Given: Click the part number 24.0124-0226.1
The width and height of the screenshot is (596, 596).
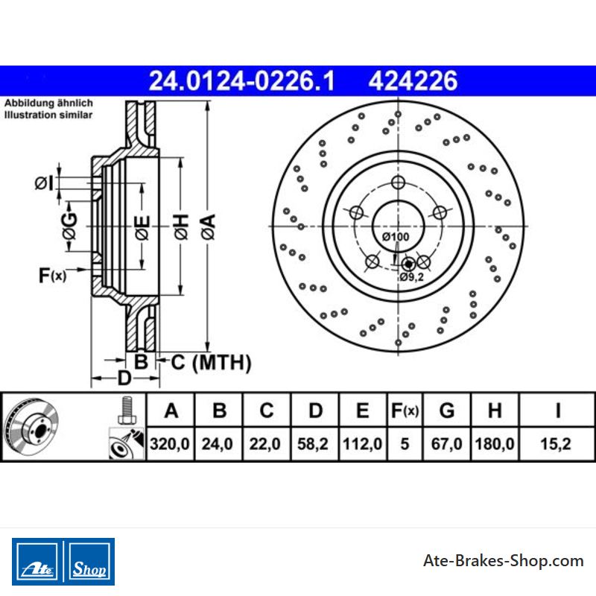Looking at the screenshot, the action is click(241, 81).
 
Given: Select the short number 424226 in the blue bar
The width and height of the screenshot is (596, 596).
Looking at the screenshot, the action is click(413, 81).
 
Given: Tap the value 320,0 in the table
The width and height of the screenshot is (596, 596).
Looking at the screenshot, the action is click(170, 443).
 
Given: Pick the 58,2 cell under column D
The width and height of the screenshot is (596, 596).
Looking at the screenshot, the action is click(312, 443).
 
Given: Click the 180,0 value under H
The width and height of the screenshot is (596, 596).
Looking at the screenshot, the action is click(494, 443).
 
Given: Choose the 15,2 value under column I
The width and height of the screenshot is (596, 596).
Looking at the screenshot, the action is click(555, 443).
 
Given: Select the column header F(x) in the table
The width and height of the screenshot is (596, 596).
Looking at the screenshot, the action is click(405, 410).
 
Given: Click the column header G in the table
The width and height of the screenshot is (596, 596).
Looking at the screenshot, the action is click(446, 410).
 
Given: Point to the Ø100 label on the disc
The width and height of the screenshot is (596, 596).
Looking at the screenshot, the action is click(396, 237).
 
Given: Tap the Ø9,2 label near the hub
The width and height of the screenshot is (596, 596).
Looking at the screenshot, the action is click(411, 277).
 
